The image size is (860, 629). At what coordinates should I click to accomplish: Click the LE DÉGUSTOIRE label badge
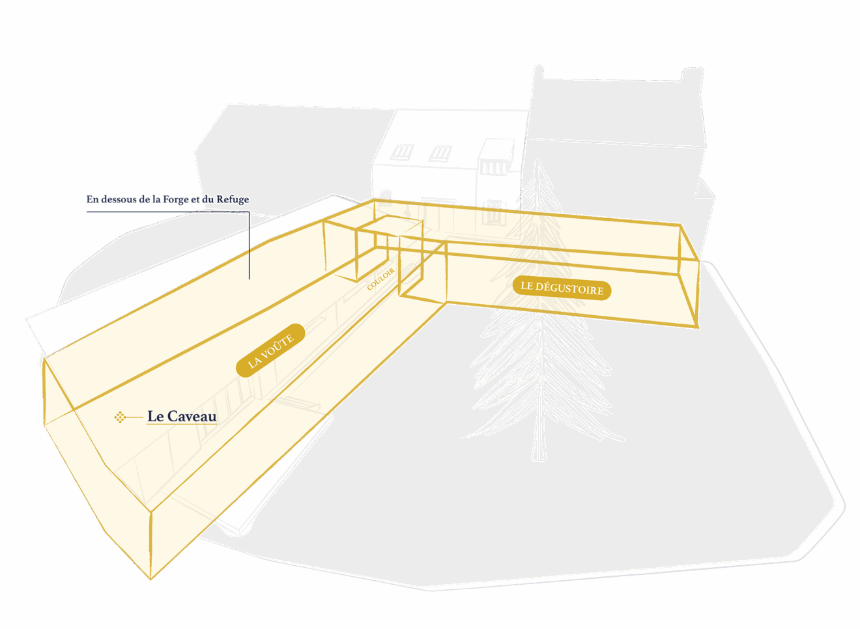pyautogui.click(x=562, y=288)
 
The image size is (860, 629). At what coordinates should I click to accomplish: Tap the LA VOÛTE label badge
pyautogui.click(x=270, y=350)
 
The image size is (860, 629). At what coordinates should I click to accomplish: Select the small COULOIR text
pyautogui.click(x=380, y=279)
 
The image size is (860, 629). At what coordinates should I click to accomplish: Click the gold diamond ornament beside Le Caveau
pyautogui.click(x=120, y=417)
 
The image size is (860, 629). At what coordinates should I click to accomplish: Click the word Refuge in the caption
pyautogui.click(x=233, y=200)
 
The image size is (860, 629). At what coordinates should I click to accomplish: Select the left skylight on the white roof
pyautogui.click(x=402, y=152)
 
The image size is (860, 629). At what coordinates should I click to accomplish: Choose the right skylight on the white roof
pyautogui.click(x=440, y=154)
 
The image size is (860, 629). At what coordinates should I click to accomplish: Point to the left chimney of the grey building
pyautogui.click(x=539, y=72)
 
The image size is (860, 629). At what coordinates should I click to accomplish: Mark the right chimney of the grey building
pyautogui.click(x=692, y=74)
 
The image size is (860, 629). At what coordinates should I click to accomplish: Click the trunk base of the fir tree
pyautogui.click(x=539, y=456)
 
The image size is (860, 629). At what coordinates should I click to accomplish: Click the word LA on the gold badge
pyautogui.click(x=254, y=361)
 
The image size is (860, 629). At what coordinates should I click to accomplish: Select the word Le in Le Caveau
pyautogui.click(x=156, y=416)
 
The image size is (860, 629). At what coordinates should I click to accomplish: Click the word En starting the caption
pyautogui.click(x=92, y=199)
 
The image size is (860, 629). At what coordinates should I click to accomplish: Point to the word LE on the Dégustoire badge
pyautogui.click(x=526, y=286)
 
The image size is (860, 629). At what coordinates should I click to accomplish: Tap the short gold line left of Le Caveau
pyautogui.click(x=134, y=417)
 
